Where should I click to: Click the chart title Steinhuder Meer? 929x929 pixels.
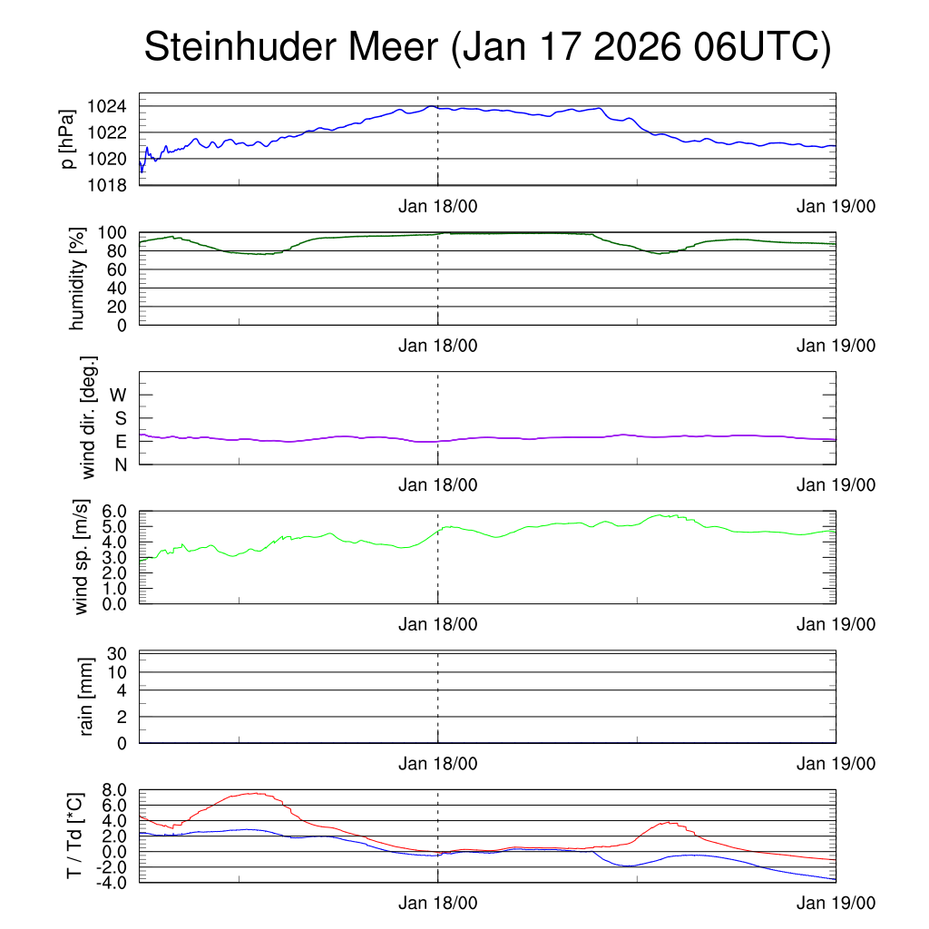pyautogui.click(x=289, y=48)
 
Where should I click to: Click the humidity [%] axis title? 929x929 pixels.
pyautogui.click(x=77, y=279)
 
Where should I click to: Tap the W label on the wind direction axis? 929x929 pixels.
pyautogui.click(x=119, y=395)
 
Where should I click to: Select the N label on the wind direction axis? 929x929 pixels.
pyautogui.click(x=121, y=464)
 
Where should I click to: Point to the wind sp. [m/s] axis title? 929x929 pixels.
pyautogui.click(x=81, y=558)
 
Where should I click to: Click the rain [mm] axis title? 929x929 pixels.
pyautogui.click(x=87, y=698)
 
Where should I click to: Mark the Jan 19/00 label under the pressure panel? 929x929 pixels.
pyautogui.click(x=836, y=206)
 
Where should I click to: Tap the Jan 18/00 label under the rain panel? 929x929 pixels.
pyautogui.click(x=437, y=764)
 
